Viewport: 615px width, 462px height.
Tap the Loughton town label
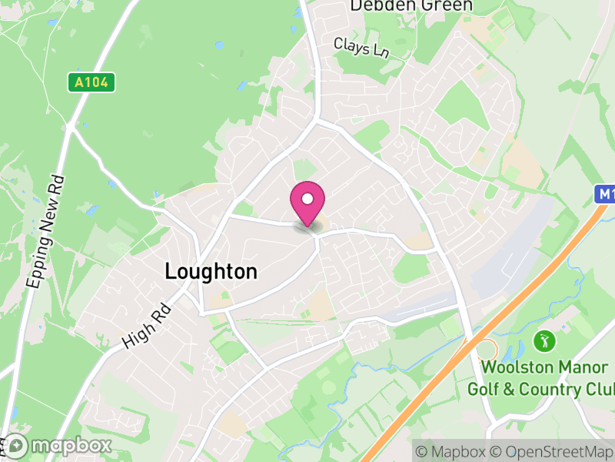tap(211, 271)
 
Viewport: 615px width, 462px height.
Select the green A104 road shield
tap(91, 82)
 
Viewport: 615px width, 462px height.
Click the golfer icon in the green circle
tap(544, 340)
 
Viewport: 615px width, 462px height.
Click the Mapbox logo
tap(58, 446)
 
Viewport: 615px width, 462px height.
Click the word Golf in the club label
tap(484, 388)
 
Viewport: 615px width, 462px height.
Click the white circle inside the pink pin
tap(307, 199)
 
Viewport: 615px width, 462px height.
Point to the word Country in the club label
tap(553, 388)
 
